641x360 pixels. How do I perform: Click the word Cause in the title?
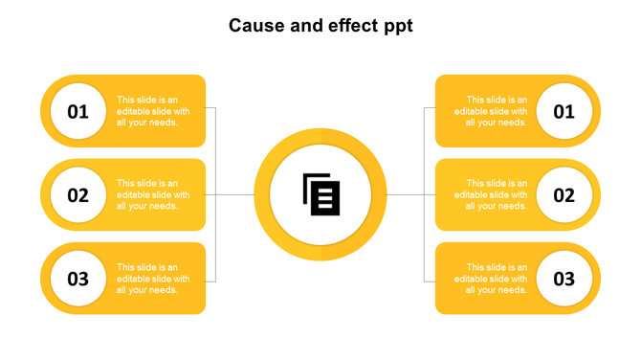[254, 26]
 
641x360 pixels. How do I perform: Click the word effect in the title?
[348, 26]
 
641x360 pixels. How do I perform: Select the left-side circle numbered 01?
[77, 111]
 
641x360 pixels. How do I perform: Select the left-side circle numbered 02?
[77, 195]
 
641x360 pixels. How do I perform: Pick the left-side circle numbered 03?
[77, 280]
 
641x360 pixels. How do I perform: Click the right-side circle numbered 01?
[564, 111]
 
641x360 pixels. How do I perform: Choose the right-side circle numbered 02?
[564, 195]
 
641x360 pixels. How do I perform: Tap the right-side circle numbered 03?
[564, 280]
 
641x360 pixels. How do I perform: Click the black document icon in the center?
[320, 194]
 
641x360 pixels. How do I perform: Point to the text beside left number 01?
[152, 111]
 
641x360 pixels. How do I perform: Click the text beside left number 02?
[152, 194]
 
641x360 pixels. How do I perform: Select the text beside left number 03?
[152, 279]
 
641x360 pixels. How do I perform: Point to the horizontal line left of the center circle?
[235, 195]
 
